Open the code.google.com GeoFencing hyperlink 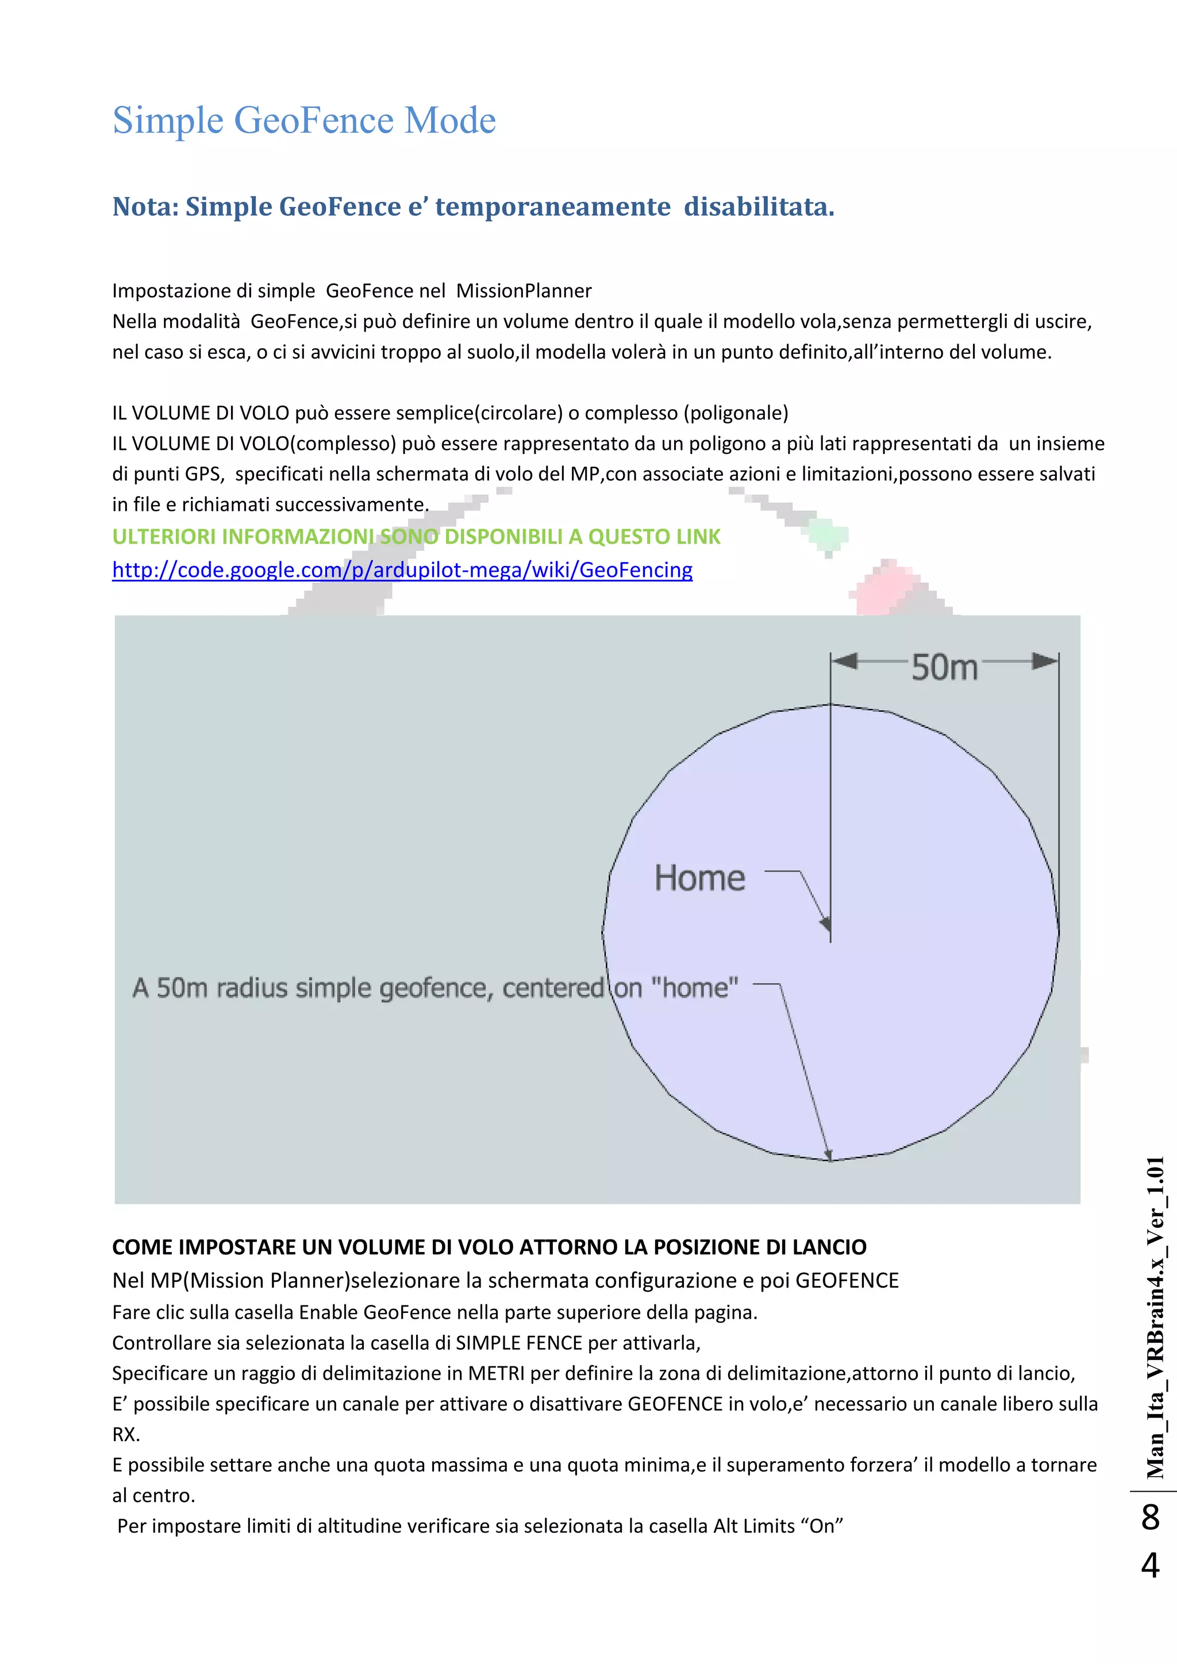tap(402, 571)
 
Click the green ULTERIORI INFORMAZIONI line tap(416, 537)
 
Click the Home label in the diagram tap(699, 879)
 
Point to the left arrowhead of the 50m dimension tap(845, 660)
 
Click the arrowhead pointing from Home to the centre tap(825, 925)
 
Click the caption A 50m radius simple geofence tap(435, 988)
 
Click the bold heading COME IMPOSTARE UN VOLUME tap(489, 1247)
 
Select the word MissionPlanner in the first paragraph tap(524, 291)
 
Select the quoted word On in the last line tap(822, 1526)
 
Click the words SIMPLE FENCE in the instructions tap(519, 1343)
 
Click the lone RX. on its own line tap(126, 1434)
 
